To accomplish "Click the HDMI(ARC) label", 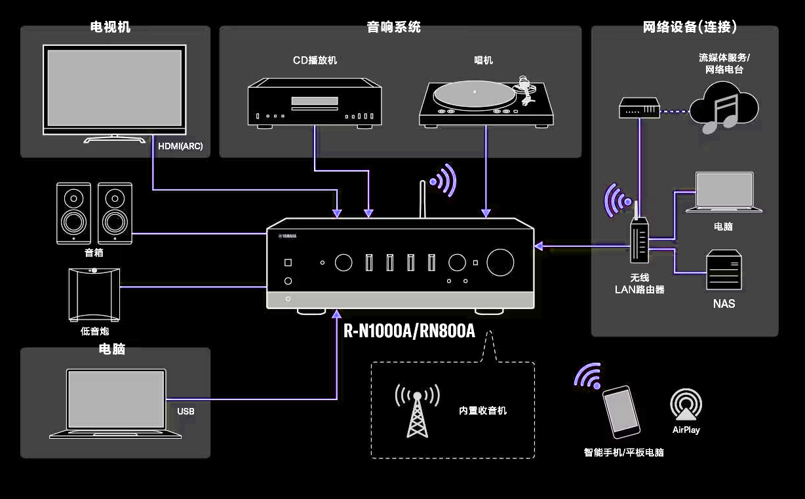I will [180, 147].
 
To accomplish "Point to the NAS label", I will [724, 304].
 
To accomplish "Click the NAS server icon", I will [724, 270].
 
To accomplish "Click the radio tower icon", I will [416, 411].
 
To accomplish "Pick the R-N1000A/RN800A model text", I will [409, 331].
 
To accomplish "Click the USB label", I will [186, 412].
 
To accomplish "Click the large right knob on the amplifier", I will [500, 263].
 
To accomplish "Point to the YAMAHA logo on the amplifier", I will [287, 236].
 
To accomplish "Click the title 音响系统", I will [393, 28].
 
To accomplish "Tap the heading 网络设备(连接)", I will [690, 28].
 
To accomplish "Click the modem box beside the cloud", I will [638, 107].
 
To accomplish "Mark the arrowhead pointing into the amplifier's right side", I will [539, 246].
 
